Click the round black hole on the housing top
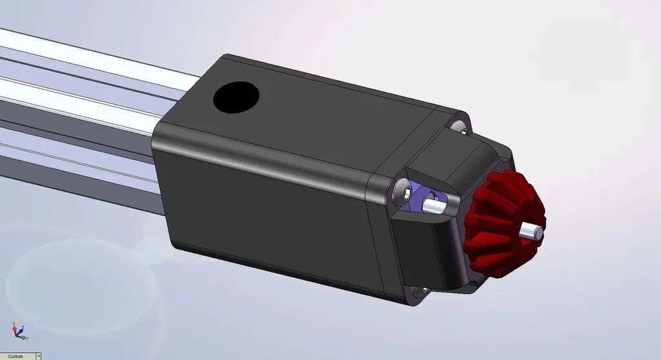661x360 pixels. (x=236, y=97)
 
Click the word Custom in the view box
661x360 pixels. (x=15, y=356)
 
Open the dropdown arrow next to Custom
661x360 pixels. (x=39, y=356)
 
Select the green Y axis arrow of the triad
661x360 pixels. (x=25, y=337)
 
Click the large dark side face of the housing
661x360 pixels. (x=271, y=213)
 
